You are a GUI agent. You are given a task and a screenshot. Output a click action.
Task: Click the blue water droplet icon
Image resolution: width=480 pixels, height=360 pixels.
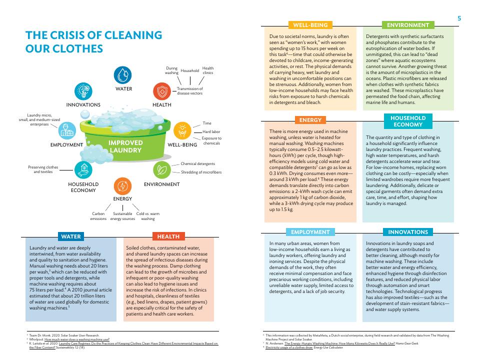click(x=123, y=75)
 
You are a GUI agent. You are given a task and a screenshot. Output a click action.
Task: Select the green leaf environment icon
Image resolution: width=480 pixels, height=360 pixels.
click(x=161, y=170)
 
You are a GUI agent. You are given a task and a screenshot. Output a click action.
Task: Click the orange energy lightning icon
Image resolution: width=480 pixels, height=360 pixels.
click(x=122, y=186)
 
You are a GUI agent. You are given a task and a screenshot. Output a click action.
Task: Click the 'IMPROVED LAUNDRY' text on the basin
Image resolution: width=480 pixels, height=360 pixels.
click(x=126, y=146)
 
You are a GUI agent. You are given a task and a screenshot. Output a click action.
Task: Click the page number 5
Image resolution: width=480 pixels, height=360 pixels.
click(x=459, y=18)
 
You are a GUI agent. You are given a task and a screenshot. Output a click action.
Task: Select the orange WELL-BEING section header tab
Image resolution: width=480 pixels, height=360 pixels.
click(x=310, y=25)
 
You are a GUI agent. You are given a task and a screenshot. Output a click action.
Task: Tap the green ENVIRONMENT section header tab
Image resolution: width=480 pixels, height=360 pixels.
click(x=408, y=25)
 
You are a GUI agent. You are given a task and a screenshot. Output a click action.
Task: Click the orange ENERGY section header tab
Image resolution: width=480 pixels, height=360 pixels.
click(x=310, y=120)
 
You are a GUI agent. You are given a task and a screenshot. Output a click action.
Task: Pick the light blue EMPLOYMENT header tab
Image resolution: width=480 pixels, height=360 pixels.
click(x=310, y=232)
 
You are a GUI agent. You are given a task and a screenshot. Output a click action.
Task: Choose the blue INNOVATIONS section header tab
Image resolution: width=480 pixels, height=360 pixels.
click(x=408, y=232)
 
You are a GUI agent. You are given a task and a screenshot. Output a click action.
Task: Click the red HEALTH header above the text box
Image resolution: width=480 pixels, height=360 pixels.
click(x=168, y=236)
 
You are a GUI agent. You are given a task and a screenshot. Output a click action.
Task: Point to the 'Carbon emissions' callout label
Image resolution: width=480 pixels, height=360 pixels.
click(x=98, y=216)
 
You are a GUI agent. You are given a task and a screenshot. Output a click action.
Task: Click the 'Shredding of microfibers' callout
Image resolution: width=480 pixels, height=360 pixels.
click(x=200, y=172)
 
